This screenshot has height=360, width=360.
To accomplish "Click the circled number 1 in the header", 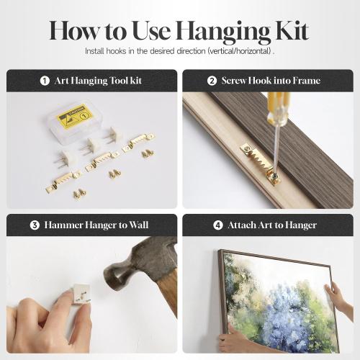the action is (x=45, y=81).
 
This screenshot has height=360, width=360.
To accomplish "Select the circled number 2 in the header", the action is (x=212, y=81).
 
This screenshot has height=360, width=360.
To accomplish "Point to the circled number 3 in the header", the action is (x=35, y=225).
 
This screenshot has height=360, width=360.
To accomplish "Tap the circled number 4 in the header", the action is (x=218, y=225).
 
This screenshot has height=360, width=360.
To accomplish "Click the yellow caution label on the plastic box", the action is (x=74, y=116).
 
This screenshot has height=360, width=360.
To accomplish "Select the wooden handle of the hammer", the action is (x=168, y=290).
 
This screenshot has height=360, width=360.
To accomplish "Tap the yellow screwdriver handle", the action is (x=278, y=109).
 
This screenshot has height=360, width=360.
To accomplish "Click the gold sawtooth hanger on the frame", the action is (x=260, y=163).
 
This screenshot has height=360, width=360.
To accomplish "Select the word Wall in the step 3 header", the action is (x=139, y=225).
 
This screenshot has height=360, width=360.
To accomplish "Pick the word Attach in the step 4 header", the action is (x=242, y=225).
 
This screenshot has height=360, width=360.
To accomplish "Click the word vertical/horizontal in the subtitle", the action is (x=240, y=51).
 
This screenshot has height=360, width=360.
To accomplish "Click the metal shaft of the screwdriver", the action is (x=276, y=149).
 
